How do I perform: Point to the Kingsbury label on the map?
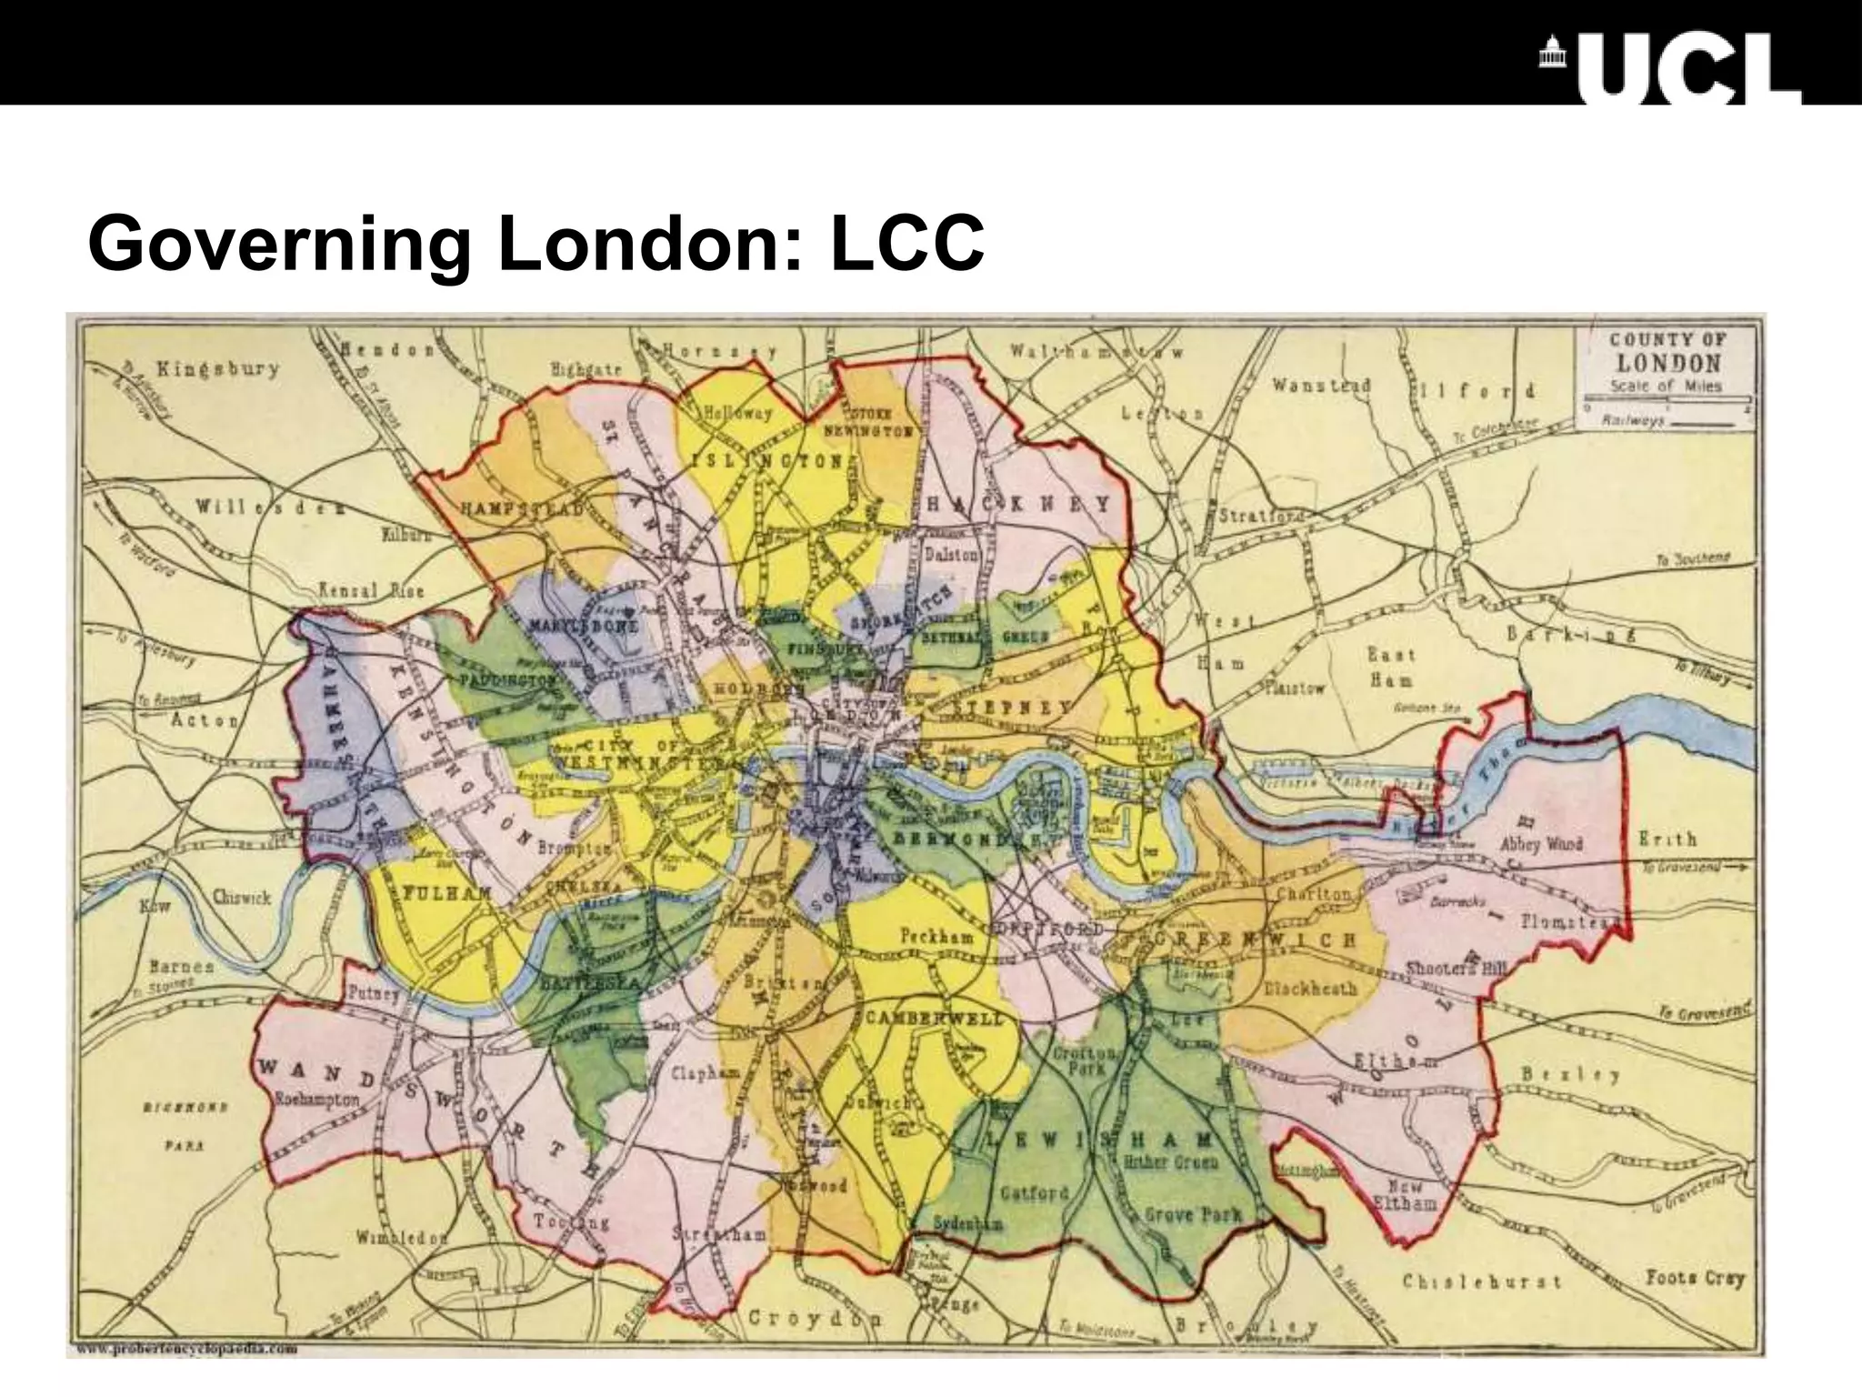(217, 369)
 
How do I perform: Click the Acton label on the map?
(205, 720)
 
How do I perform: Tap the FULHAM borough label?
(435, 891)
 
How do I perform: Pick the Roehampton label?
(317, 1100)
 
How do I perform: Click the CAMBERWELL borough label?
(935, 1018)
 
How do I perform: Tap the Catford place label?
(1033, 1191)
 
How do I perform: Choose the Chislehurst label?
(1481, 1281)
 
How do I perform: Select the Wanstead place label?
(1321, 387)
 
